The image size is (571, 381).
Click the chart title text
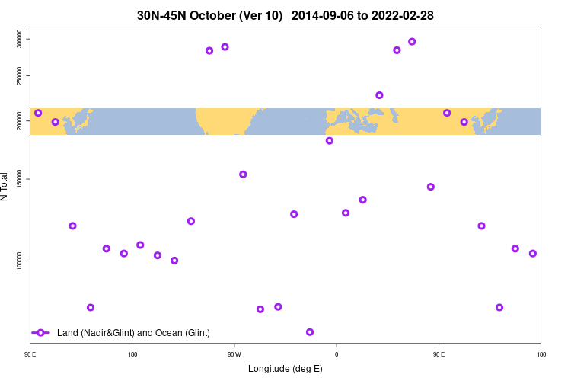pos(285,15)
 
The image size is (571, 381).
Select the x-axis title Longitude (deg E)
pos(285,369)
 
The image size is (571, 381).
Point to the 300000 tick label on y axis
pos(20,38)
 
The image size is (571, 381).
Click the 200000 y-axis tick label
pos(20,120)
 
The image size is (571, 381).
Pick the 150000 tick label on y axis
pos(20,179)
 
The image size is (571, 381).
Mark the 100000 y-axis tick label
pos(20,261)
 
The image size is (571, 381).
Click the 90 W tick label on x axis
pos(234,354)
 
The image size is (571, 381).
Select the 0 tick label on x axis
pos(337,354)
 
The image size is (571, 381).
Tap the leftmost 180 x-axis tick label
pos(132,354)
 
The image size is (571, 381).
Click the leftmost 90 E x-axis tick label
pos(30,354)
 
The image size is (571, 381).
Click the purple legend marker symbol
pos(41,333)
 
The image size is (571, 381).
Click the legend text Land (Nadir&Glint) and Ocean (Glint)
pos(133,333)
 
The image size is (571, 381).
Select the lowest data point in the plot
pos(310,332)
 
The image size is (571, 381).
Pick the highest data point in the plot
pos(412,42)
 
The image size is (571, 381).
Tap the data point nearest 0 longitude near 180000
pos(330,141)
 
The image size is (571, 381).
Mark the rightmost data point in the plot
pos(533,254)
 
